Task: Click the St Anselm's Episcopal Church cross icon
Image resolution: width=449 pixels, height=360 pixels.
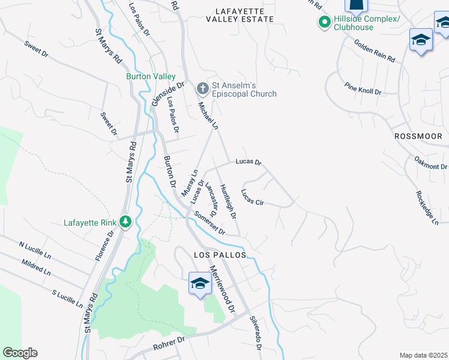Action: click(203, 88)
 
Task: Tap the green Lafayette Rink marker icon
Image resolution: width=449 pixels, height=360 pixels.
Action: click(125, 223)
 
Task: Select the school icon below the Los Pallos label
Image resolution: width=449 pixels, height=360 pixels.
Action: click(199, 283)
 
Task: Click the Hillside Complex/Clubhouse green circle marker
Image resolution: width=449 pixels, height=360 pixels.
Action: click(325, 23)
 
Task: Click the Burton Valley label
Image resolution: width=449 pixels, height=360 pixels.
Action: click(151, 77)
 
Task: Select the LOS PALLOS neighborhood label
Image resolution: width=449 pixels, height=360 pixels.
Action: click(220, 255)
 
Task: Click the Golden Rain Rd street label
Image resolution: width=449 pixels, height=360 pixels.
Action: click(375, 51)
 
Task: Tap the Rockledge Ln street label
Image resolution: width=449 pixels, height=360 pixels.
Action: click(427, 208)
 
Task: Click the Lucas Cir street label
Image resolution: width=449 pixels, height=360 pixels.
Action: click(253, 197)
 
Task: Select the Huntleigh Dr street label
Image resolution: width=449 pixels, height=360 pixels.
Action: click(228, 201)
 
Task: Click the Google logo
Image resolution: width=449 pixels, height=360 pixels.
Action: click(20, 353)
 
